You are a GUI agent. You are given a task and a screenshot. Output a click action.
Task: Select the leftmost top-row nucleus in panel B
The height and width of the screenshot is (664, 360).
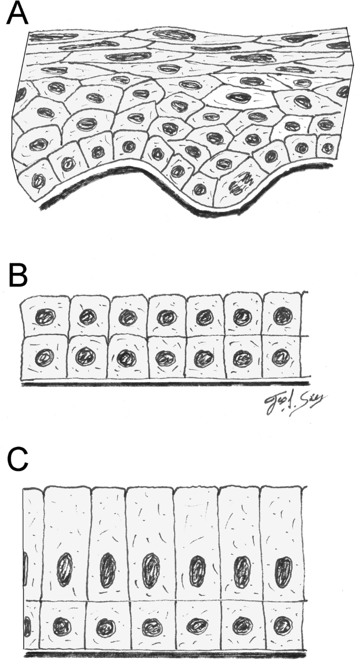pyautogui.click(x=44, y=318)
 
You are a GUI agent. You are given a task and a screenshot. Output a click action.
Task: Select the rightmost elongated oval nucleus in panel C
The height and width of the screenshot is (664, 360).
pyautogui.click(x=284, y=570)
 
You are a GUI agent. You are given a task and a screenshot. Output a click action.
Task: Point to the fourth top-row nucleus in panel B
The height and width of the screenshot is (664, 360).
pyautogui.click(x=166, y=318)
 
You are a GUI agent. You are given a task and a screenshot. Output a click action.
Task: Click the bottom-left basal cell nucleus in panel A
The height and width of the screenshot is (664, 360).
pyautogui.click(x=38, y=181)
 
